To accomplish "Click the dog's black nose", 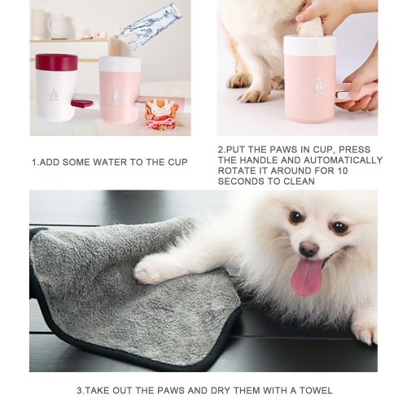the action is [309, 249].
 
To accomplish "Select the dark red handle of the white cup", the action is [81, 103].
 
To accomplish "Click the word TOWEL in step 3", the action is [316, 391].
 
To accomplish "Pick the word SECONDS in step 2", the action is [235, 182].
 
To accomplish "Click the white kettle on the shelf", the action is [59, 25].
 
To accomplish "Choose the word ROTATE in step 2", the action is [236, 171].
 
